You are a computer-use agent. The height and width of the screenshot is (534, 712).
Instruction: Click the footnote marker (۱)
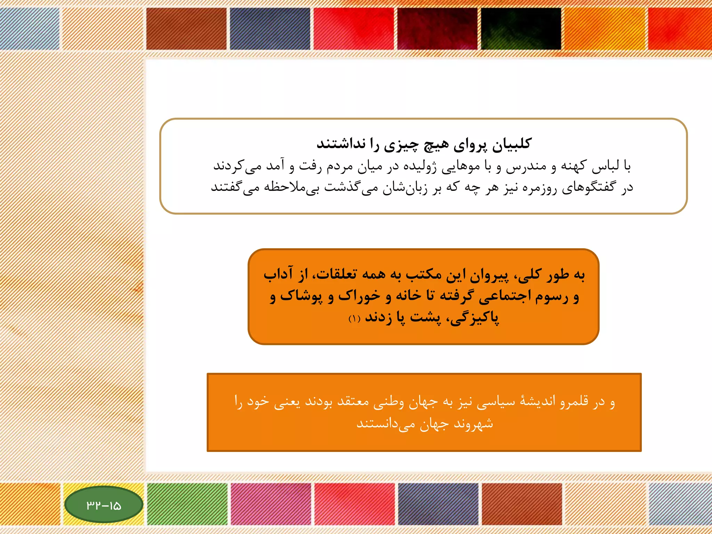pyautogui.click(x=354, y=318)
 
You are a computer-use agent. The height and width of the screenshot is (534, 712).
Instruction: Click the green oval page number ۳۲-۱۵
pyautogui.click(x=104, y=505)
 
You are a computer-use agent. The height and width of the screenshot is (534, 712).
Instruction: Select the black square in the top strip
pyautogui.click(x=521, y=29)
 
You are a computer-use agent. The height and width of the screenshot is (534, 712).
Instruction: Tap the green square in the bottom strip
pyautogui.click(x=187, y=503)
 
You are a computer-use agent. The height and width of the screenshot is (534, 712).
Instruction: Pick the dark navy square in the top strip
pyautogui.click(x=270, y=29)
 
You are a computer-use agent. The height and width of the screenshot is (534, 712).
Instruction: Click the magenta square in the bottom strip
pyautogui.click(x=271, y=503)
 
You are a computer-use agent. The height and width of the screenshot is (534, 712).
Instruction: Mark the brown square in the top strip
pyautogui.click(x=186, y=29)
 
